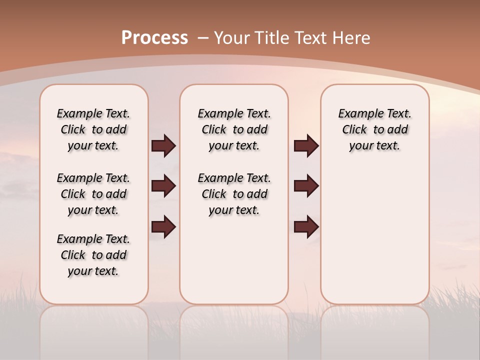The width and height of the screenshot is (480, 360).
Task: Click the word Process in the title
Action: coord(154,38)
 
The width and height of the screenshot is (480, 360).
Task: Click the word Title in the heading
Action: coord(272,38)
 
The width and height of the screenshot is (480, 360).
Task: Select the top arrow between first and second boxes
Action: coord(163,146)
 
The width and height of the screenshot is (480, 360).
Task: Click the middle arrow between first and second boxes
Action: coord(163,186)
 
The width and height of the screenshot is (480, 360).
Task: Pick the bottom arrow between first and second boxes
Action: coord(163,226)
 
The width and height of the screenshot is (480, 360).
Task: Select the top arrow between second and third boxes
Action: coord(306,146)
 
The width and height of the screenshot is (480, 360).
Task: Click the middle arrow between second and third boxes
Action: coord(306,186)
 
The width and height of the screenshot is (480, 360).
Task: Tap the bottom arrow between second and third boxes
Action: coord(306,226)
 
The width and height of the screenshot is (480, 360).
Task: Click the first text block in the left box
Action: coord(93,129)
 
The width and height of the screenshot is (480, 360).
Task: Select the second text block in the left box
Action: coord(93,194)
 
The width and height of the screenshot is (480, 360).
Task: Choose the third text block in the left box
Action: coord(93,255)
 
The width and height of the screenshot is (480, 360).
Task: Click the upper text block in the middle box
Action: coord(234,129)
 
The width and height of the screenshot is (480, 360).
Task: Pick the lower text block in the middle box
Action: coord(234,194)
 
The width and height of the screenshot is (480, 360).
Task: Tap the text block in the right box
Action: coord(374,129)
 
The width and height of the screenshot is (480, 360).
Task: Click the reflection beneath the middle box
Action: coord(234,330)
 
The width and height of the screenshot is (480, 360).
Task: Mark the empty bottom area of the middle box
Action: coord(234,265)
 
